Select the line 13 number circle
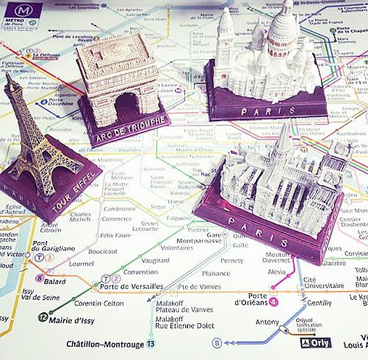151,343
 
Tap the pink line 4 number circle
274,301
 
